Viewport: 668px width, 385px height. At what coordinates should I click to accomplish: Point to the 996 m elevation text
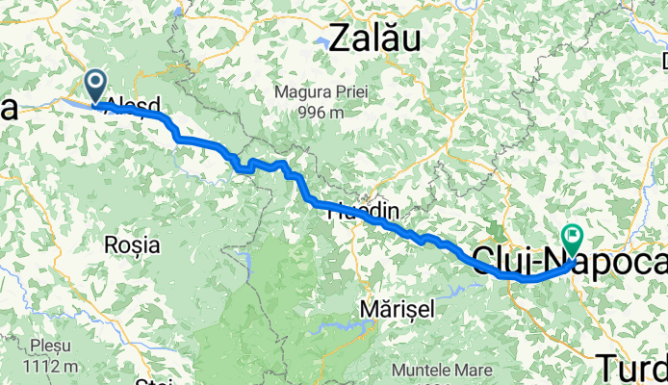[322, 112]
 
